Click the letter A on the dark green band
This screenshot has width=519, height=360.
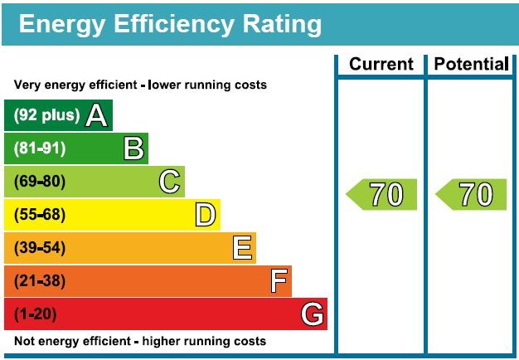point(97,115)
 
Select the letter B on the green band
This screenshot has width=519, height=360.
point(133,148)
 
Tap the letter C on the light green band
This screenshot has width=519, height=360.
point(170,182)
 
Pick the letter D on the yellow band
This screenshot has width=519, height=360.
point(206,215)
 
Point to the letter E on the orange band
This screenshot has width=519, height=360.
point(242,248)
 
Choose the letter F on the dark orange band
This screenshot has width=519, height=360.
point(279,281)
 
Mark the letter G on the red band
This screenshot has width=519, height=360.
point(312,314)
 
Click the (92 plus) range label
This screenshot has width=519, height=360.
point(47,115)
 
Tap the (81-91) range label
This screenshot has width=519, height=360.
point(39,148)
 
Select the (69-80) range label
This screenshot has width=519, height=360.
point(39,182)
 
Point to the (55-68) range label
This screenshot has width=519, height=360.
point(39,215)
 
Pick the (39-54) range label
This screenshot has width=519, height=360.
point(39,248)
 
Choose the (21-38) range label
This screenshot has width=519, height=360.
point(39,281)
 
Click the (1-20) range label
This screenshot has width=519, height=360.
point(36,314)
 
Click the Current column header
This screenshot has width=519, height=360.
point(381,64)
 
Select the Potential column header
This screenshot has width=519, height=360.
point(471,64)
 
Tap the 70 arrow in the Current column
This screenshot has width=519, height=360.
point(381,194)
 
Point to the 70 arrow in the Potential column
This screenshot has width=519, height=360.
point(471,194)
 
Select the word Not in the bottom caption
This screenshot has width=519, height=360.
point(25,341)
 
